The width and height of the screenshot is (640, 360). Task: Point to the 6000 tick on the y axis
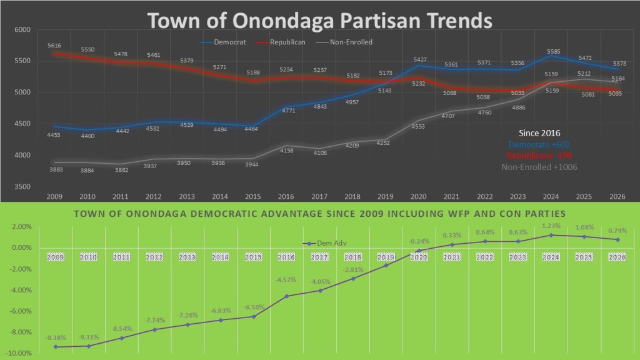(x=22, y=29)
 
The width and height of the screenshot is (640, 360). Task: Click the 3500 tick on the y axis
(x=22, y=187)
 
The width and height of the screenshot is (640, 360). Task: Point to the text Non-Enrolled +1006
(x=539, y=167)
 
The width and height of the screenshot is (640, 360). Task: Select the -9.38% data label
(x=56, y=338)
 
